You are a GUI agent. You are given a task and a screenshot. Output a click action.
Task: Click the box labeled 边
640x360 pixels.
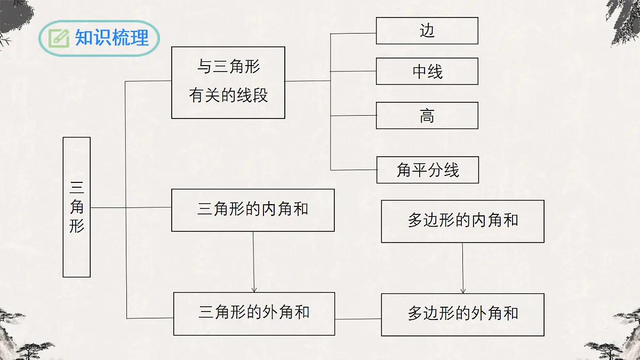pyautogui.click(x=427, y=31)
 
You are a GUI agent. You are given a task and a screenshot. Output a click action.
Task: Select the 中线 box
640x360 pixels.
pyautogui.click(x=427, y=71)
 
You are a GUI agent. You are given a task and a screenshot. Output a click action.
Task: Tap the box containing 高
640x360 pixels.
pyautogui.click(x=427, y=116)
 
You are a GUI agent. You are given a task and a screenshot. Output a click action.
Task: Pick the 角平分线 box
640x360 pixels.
pyautogui.click(x=428, y=170)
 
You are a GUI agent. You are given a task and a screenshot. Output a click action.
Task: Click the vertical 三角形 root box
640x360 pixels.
pyautogui.click(x=77, y=207)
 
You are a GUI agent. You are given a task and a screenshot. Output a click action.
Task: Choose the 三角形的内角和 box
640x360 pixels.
pyautogui.click(x=253, y=210)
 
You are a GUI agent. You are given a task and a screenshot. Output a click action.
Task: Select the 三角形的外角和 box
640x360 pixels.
pyautogui.click(x=254, y=314)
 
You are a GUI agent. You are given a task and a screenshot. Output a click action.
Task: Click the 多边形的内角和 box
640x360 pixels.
pyautogui.click(x=462, y=221)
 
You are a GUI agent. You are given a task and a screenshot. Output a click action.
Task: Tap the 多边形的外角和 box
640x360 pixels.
pyautogui.click(x=462, y=315)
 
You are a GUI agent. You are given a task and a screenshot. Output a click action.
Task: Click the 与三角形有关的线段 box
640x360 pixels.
pyautogui.click(x=228, y=83)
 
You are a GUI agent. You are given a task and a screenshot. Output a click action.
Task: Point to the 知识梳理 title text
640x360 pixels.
pyautogui.click(x=112, y=38)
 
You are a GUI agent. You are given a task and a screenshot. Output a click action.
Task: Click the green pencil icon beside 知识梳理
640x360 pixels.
pyautogui.click(x=58, y=38)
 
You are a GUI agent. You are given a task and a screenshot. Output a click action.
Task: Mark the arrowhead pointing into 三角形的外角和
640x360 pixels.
pyautogui.click(x=254, y=289)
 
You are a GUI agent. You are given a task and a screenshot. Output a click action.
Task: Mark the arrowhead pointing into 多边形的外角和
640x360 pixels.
pyautogui.click(x=463, y=290)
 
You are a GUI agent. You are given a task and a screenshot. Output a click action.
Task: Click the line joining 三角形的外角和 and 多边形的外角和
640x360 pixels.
pyautogui.click(x=358, y=319)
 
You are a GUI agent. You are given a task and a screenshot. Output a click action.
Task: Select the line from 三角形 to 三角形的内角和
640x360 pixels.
pyautogui.click(x=131, y=207)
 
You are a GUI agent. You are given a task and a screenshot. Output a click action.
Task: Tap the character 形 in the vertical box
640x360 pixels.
pyautogui.click(x=77, y=226)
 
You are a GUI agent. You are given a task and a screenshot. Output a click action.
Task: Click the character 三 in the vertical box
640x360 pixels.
pyautogui.click(x=77, y=188)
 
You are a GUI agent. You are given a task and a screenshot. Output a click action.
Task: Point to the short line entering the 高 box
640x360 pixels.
pyautogui.click(x=353, y=116)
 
